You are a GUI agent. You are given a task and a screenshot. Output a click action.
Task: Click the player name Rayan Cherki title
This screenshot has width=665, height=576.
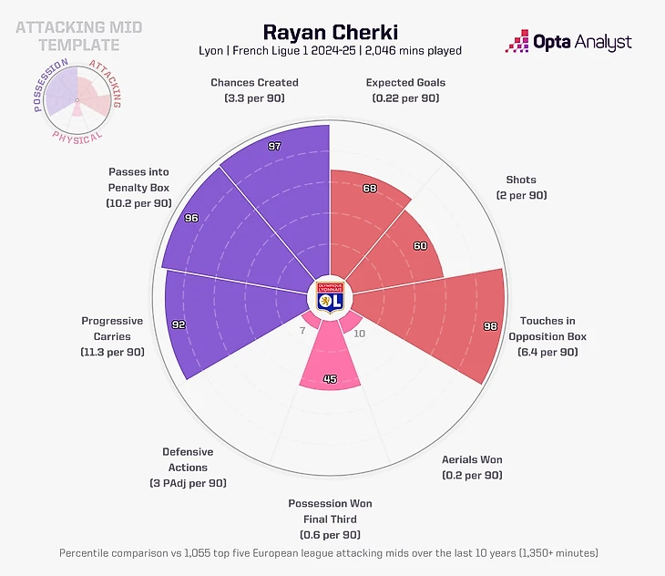click(330, 33)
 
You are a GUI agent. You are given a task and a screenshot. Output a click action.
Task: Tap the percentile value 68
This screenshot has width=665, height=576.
click(369, 189)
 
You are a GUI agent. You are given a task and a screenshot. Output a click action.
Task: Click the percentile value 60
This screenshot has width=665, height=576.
click(420, 246)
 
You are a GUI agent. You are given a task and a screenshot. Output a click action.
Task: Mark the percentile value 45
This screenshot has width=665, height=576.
click(330, 380)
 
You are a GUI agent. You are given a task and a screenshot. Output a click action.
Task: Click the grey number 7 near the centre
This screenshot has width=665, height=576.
click(302, 331)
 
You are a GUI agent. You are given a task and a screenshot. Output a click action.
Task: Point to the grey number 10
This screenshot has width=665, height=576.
click(359, 334)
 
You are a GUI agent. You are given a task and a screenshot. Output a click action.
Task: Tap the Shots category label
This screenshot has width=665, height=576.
click(521, 180)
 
